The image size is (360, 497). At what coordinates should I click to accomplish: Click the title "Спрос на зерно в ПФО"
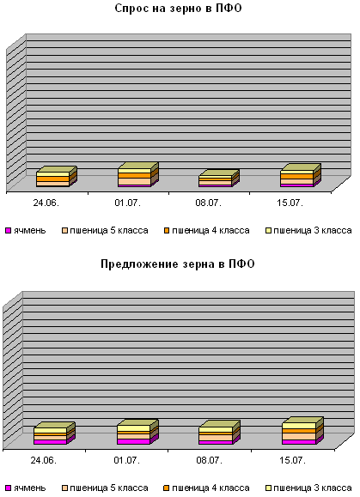point(178,9)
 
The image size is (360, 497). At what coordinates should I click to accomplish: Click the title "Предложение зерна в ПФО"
point(178,264)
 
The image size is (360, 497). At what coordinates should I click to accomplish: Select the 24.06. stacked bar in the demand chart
point(57,177)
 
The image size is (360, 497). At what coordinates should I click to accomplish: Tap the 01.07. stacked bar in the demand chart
point(138,174)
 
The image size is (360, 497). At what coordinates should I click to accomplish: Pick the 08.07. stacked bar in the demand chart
point(219,179)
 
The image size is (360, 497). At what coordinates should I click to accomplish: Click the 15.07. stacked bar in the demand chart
point(301,175)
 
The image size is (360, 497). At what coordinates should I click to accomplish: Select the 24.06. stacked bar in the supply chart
point(54,433)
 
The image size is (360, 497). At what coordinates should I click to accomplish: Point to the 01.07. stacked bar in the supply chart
point(137,432)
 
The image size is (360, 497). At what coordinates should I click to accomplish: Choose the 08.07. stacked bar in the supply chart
point(219,433)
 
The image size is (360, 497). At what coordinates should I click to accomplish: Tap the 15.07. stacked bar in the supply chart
point(303,431)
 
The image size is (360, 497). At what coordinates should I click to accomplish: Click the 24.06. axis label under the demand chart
point(46,203)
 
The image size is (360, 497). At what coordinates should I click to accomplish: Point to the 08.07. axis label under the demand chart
point(209,203)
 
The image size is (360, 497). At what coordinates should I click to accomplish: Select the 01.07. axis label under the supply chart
point(127,460)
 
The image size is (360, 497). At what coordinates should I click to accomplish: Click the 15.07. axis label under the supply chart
point(292,460)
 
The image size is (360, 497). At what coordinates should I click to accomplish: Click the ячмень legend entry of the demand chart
point(26,230)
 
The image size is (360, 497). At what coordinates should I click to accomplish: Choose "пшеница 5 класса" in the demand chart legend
point(105,230)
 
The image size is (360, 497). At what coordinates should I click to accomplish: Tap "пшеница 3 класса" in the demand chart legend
point(308,230)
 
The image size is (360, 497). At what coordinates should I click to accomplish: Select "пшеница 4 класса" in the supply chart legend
point(207,488)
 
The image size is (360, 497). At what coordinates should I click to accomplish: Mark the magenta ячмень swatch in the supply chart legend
point(9,488)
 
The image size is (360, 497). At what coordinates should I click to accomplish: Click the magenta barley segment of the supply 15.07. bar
point(299,442)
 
